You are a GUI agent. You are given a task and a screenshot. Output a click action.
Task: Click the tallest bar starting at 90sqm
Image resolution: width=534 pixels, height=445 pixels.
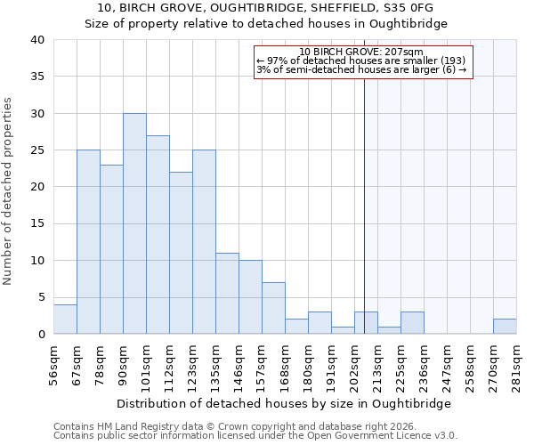tap(134, 223)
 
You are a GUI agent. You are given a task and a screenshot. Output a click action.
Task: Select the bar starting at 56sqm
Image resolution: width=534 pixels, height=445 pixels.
tap(65, 320)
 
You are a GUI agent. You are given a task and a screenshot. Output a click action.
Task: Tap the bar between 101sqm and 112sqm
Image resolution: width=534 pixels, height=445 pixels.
tap(158, 235)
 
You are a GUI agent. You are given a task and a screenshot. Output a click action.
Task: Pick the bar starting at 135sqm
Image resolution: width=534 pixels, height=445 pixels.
tap(227, 294)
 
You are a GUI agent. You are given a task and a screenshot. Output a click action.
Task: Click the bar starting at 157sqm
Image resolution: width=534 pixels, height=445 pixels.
tap(273, 308)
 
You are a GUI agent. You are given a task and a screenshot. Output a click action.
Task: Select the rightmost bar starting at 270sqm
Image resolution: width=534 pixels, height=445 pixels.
tap(505, 327)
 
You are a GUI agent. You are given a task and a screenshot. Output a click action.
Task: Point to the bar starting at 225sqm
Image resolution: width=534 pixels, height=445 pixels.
tap(412, 323)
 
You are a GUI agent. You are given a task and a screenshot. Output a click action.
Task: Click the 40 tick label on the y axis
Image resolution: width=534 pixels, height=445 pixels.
tap(36, 40)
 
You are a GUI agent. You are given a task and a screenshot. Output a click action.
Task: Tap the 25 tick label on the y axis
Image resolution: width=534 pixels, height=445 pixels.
tap(36, 150)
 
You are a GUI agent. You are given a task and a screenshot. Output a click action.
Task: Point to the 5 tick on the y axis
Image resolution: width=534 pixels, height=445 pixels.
tap(40, 297)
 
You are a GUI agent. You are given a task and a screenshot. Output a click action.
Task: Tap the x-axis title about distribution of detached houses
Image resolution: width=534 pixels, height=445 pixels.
tap(284, 403)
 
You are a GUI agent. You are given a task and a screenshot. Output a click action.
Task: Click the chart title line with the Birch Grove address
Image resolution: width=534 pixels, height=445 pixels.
tap(266, 8)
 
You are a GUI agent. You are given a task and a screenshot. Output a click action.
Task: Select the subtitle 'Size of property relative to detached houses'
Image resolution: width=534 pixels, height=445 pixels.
tap(266, 24)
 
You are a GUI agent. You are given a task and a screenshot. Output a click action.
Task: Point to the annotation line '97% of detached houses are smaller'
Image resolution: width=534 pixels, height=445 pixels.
tap(361, 61)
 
